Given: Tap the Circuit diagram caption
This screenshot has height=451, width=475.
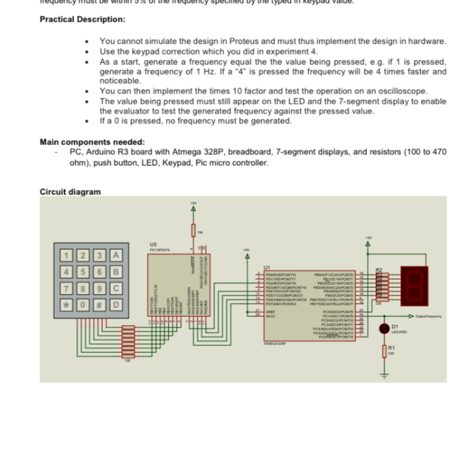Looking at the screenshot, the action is pyautogui.click(x=70, y=192).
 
